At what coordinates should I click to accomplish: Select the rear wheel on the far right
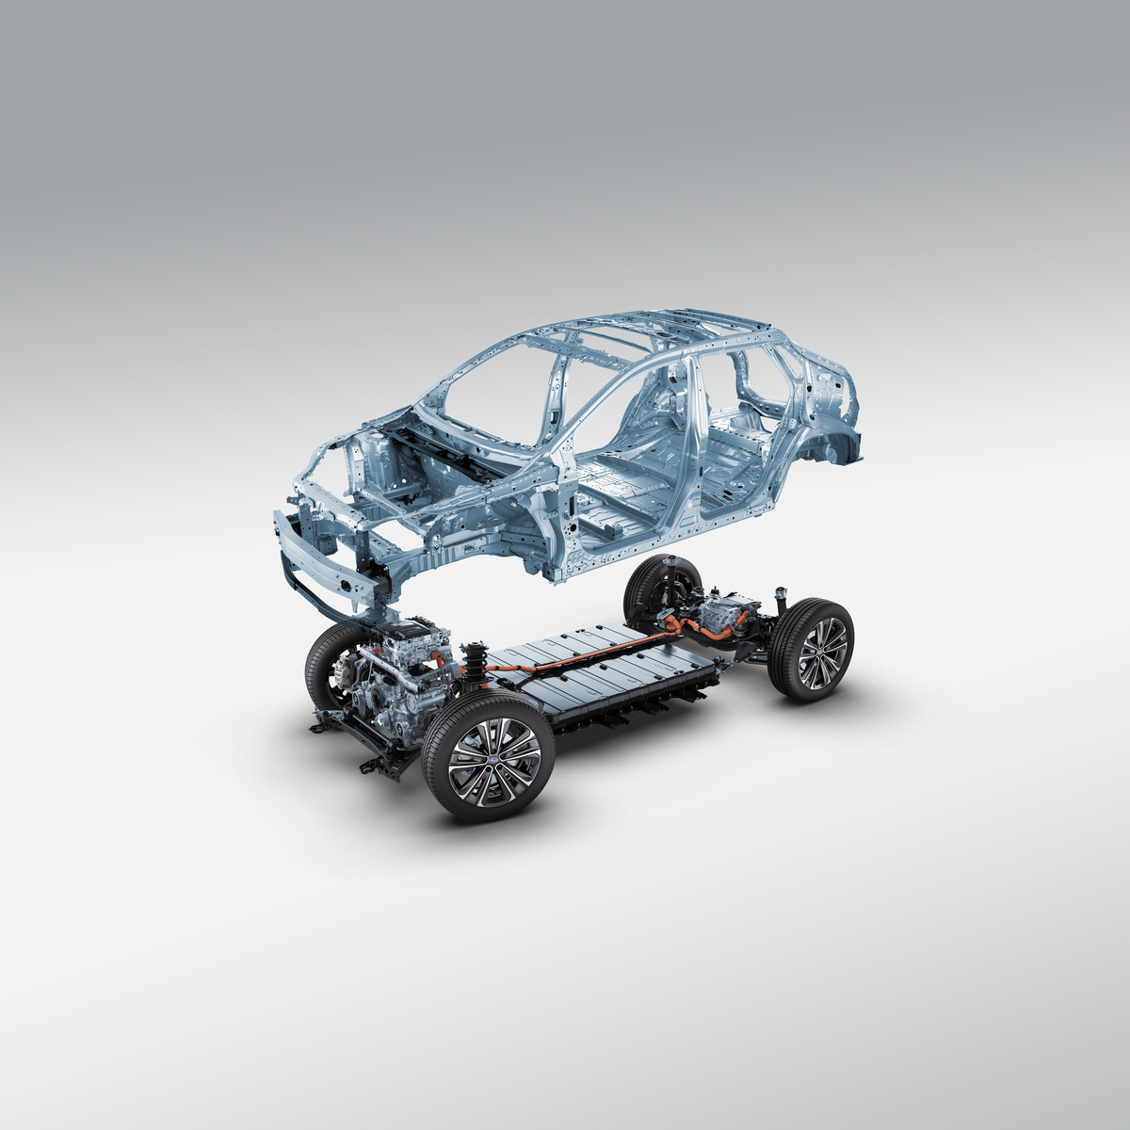point(811,649)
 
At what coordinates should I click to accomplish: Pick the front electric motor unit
point(400,673)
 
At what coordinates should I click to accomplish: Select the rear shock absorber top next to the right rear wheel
point(781,598)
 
